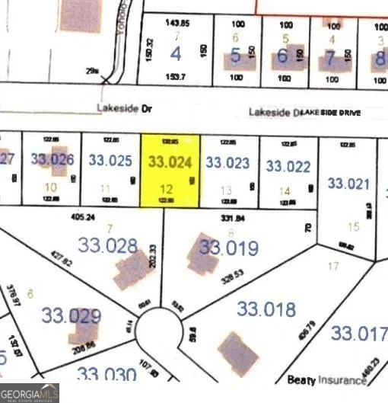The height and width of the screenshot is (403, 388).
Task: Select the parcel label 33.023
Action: point(228,162)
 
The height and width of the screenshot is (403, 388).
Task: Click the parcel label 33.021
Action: point(348,183)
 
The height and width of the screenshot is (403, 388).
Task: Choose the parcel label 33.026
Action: point(52,159)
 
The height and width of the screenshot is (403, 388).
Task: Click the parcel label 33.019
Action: point(229,248)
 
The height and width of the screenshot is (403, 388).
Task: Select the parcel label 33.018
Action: point(266,309)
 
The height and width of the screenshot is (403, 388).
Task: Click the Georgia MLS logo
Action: point(30,393)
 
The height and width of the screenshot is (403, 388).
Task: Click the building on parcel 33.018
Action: point(238,352)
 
